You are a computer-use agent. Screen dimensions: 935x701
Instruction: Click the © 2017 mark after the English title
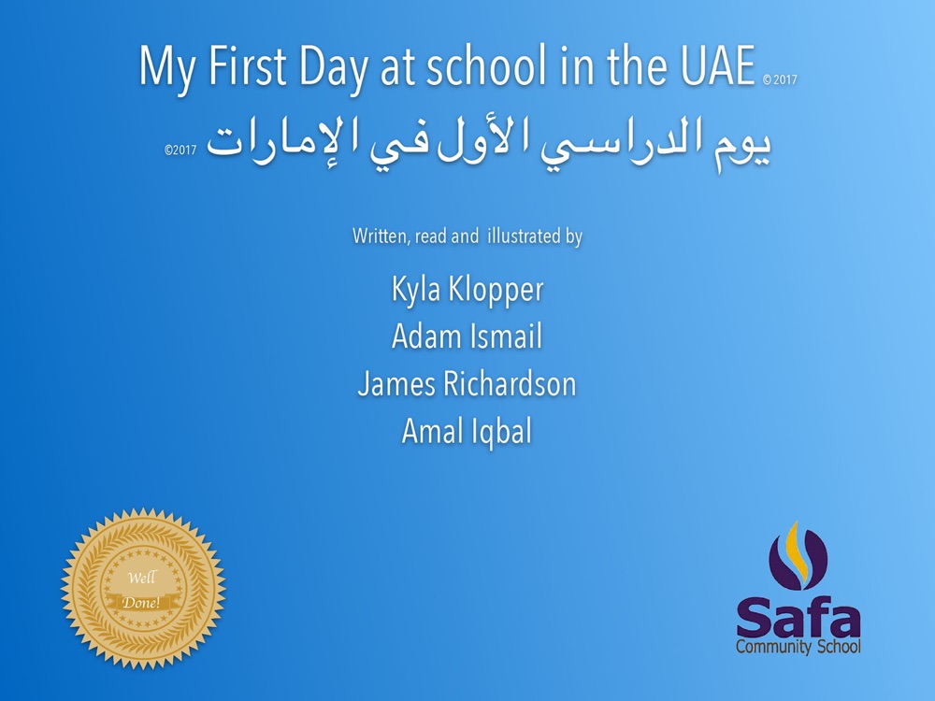[780, 79]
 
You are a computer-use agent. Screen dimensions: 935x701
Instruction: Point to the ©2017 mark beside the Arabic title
[180, 150]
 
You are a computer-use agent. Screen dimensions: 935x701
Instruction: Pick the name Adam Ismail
[467, 336]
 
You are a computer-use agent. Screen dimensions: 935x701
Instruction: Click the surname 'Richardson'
[510, 383]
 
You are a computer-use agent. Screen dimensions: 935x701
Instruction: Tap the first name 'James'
[396, 384]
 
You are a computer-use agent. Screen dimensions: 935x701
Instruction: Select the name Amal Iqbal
[467, 431]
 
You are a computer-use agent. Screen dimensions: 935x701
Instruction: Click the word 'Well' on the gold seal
[142, 578]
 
